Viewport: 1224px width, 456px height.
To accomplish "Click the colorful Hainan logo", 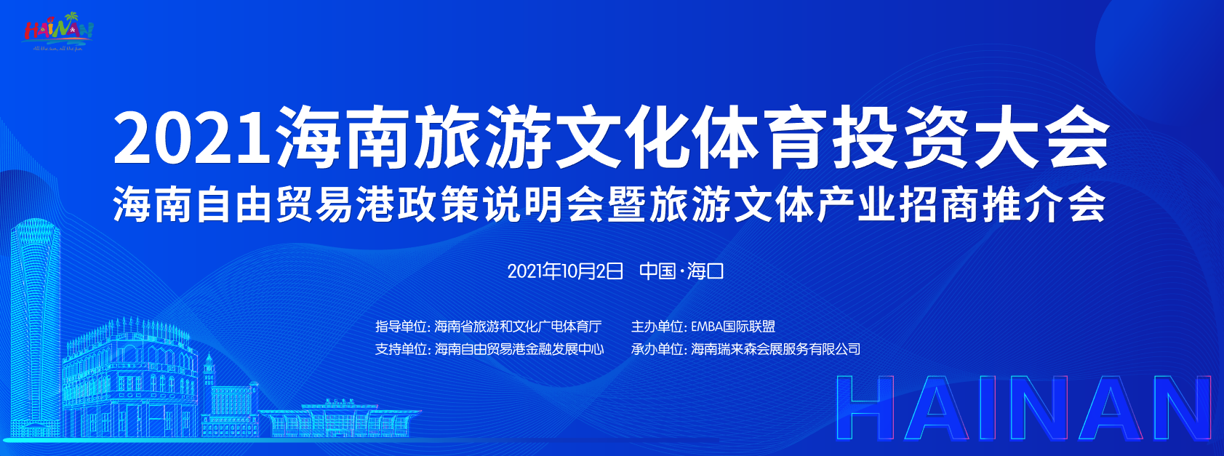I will tap(58, 31).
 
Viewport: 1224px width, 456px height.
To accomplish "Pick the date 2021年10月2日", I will tap(565, 271).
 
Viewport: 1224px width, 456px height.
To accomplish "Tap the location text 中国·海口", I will tap(681, 271).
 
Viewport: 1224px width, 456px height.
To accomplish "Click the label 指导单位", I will tap(402, 327).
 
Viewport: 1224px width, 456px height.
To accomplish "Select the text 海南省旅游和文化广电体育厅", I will tap(518, 327).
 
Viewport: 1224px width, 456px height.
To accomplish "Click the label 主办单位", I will tap(657, 327).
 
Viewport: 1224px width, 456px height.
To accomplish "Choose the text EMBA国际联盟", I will tap(733, 327).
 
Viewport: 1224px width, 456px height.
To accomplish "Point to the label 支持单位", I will tap(402, 349).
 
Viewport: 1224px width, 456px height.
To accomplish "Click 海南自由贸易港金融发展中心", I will tap(519, 349).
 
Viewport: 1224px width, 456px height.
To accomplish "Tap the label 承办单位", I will tap(657, 349).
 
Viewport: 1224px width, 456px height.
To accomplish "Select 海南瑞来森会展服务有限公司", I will tap(775, 349).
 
